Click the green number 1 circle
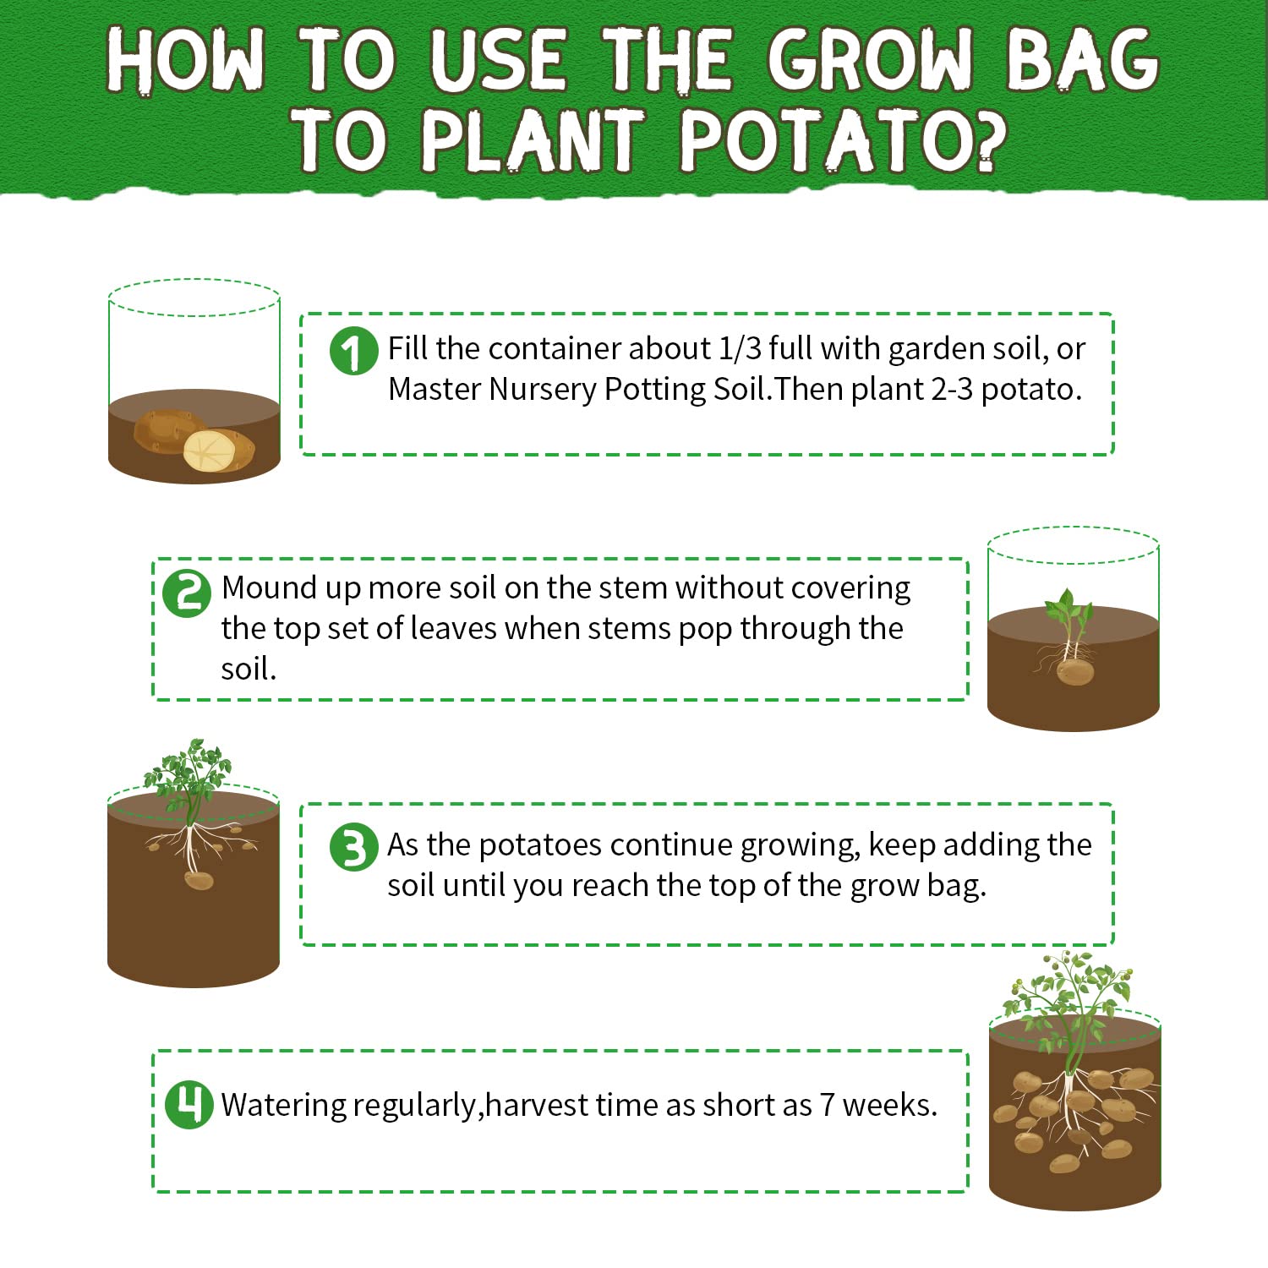(353, 351)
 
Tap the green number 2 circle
(187, 593)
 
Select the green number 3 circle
(353, 847)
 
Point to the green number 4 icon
(189, 1104)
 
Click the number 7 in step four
(827, 1105)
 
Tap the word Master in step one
(434, 390)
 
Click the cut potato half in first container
(209, 451)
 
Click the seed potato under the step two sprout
(1074, 672)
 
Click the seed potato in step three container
(199, 880)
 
